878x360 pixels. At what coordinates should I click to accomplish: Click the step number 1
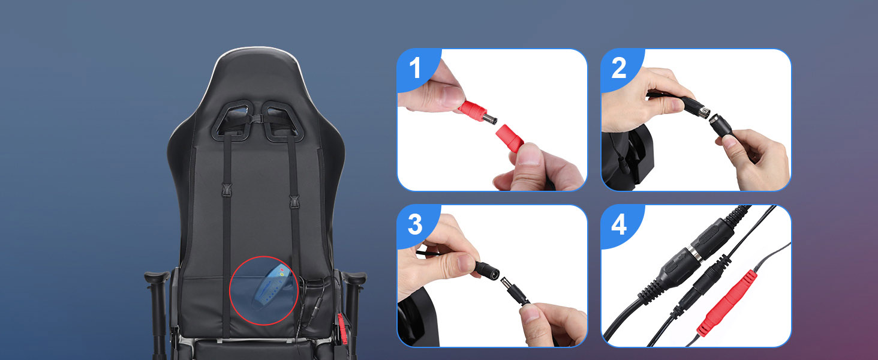(x=415, y=69)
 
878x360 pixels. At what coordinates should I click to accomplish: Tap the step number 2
(x=618, y=69)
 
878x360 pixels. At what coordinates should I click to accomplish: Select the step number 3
(x=415, y=225)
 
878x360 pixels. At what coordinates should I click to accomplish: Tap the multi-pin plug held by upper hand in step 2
(x=696, y=110)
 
